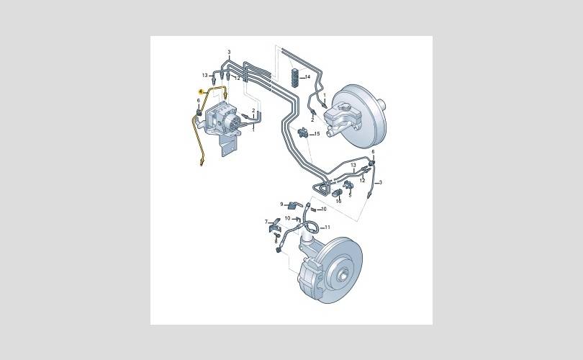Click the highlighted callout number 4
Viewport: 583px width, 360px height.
click(x=200, y=91)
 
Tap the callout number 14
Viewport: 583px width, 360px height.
click(x=307, y=77)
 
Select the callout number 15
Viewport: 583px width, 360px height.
click(x=317, y=133)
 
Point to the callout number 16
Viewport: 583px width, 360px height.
click(x=338, y=201)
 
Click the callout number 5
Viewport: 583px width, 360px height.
click(x=350, y=195)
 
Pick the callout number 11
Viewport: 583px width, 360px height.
click(x=327, y=228)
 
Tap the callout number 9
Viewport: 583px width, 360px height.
click(x=282, y=204)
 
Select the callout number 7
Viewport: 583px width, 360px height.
click(x=266, y=222)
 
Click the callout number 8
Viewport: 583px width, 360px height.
click(x=276, y=241)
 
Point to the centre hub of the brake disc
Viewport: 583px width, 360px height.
click(x=343, y=276)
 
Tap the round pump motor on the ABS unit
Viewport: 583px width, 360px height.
click(x=233, y=122)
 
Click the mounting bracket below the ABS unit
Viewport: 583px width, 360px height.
click(x=227, y=145)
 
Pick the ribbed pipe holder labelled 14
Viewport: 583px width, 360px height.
click(x=295, y=77)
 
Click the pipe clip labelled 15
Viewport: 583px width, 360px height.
click(x=303, y=132)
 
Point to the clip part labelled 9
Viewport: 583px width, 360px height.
click(x=293, y=204)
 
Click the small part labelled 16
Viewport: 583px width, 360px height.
click(x=337, y=194)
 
